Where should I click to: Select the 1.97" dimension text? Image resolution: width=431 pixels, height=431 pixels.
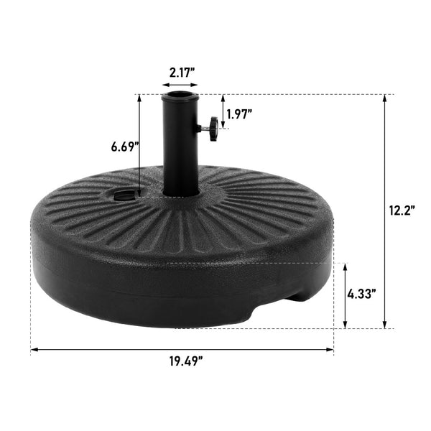pyautogui.click(x=239, y=113)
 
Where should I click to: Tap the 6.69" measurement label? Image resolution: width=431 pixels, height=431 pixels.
pyautogui.click(x=125, y=147)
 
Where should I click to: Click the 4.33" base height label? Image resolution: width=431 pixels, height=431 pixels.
pyautogui.click(x=363, y=294)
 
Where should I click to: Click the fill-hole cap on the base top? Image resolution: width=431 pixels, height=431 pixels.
pyautogui.click(x=125, y=193)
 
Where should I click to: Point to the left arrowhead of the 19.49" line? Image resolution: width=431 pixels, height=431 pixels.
pyautogui.click(x=34, y=351)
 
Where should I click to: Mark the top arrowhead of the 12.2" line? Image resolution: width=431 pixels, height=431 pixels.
pyautogui.click(x=386, y=98)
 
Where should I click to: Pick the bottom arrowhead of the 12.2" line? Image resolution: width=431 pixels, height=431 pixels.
pyautogui.click(x=386, y=325)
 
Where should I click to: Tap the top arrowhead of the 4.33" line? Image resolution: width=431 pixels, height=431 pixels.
pyautogui.click(x=346, y=267)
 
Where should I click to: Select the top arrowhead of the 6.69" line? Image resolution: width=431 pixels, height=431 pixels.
pyautogui.click(x=139, y=98)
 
